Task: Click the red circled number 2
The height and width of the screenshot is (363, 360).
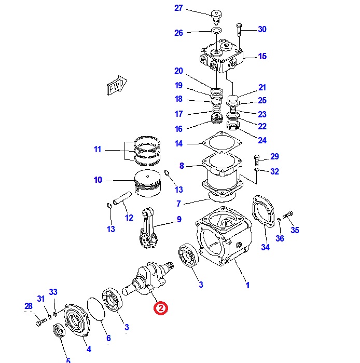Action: pyautogui.click(x=161, y=308)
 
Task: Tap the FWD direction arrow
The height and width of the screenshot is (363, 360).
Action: pyautogui.click(x=116, y=87)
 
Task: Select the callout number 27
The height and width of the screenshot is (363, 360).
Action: pyautogui.click(x=178, y=8)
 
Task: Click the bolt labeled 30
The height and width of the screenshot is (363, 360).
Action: pyautogui.click(x=239, y=31)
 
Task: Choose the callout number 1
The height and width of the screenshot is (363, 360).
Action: pyautogui.click(x=247, y=285)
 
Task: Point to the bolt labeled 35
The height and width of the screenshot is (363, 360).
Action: pyautogui.click(x=289, y=214)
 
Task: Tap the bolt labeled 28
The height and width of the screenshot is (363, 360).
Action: pyautogui.click(x=39, y=322)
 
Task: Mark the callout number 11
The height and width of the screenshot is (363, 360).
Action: pyautogui.click(x=98, y=150)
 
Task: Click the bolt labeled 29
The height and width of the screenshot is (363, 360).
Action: pyautogui.click(x=257, y=159)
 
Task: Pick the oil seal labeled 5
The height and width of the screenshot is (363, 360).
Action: pyautogui.click(x=60, y=331)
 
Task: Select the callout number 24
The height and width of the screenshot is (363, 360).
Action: pyautogui.click(x=262, y=140)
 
